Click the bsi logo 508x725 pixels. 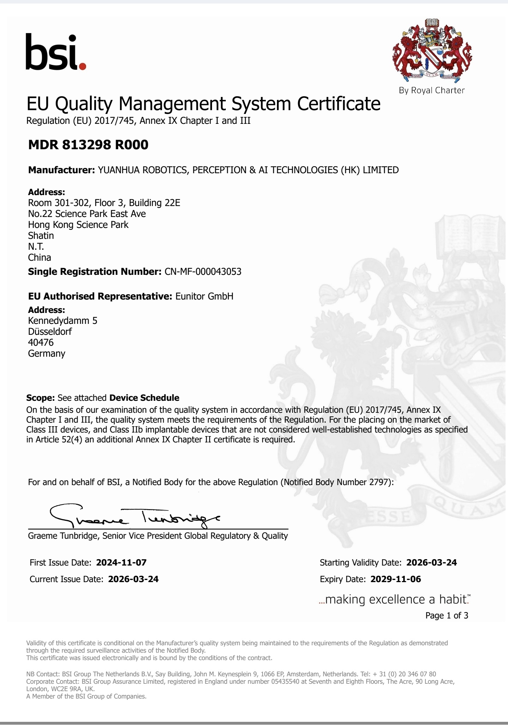click(x=56, y=52)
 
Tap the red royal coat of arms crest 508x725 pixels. click(x=432, y=49)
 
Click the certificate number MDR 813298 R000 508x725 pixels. click(x=88, y=145)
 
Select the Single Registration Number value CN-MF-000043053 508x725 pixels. click(x=203, y=272)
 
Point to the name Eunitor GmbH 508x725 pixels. click(x=204, y=296)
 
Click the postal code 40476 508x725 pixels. click(x=41, y=342)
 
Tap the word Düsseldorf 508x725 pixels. click(x=50, y=331)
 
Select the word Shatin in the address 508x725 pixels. click(x=41, y=235)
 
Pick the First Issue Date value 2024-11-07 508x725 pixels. click(x=121, y=562)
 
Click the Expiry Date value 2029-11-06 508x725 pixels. click(x=395, y=579)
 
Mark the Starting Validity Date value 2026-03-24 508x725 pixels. click(x=431, y=562)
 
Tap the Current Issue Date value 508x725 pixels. click(x=133, y=579)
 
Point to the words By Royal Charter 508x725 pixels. click(x=431, y=90)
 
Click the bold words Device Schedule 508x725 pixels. click(x=144, y=398)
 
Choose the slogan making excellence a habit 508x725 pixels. click(x=395, y=599)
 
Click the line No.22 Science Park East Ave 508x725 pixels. click(x=87, y=214)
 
